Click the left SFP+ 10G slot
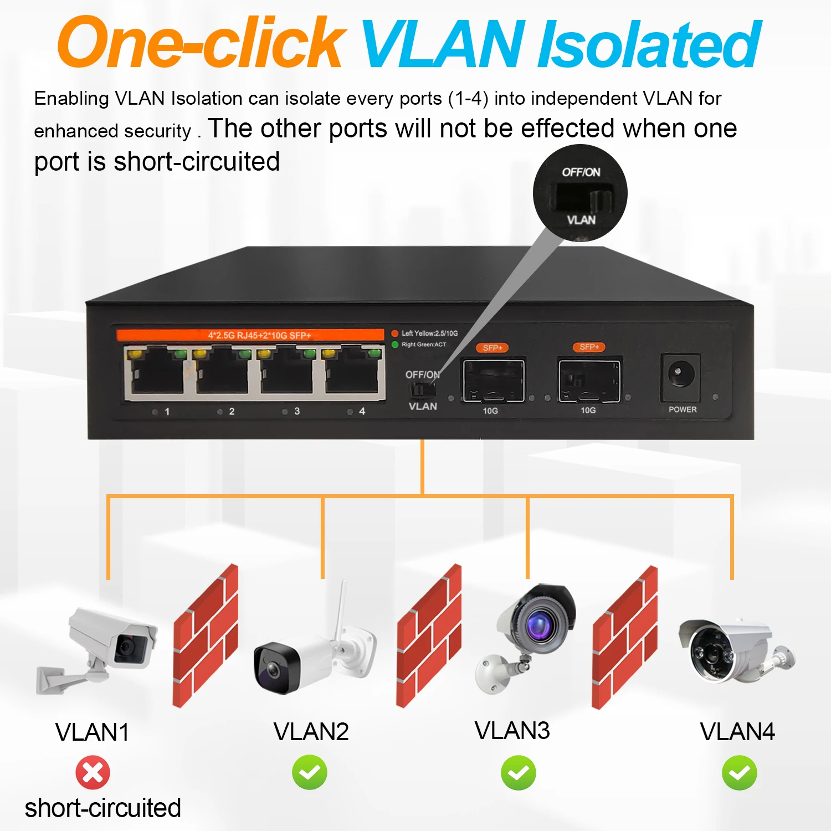tap(493, 381)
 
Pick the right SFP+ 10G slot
tap(589, 381)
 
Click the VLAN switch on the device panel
tap(422, 389)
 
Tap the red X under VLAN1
tap(93, 772)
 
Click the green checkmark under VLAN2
tap(310, 772)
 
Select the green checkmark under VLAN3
tap(518, 773)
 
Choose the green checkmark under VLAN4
tap(739, 773)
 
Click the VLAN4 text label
tap(737, 732)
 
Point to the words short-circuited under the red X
tap(103, 808)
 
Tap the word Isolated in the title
tap(649, 44)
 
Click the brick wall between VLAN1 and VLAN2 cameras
tap(206, 635)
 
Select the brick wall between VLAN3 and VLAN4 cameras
tap(624, 637)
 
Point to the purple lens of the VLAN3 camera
tap(537, 624)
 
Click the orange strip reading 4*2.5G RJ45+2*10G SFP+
tap(250, 335)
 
